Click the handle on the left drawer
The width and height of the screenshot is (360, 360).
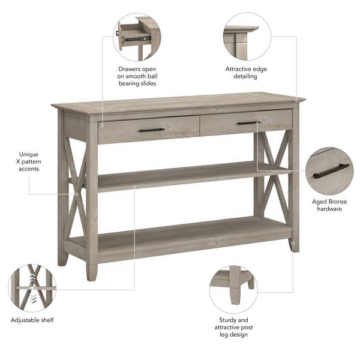(x=151, y=130)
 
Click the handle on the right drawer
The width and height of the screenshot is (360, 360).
(x=247, y=123)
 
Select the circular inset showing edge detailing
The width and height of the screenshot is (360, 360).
(x=246, y=37)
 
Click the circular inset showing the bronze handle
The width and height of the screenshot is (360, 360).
(x=329, y=171)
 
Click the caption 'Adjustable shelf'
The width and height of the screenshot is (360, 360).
(x=32, y=320)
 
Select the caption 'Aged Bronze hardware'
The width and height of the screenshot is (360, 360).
(x=329, y=205)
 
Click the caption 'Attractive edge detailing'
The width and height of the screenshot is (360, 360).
(x=246, y=73)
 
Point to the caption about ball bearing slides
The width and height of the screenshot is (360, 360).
(x=137, y=76)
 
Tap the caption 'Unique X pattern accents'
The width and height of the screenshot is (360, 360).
(x=28, y=161)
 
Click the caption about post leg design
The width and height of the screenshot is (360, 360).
(x=233, y=327)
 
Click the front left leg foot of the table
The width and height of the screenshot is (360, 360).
(x=91, y=273)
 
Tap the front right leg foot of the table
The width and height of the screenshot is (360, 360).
(x=294, y=244)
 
